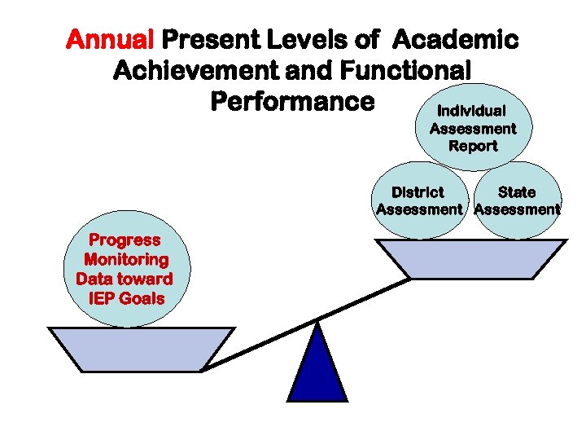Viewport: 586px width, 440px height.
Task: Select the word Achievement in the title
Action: pyautogui.click(x=195, y=71)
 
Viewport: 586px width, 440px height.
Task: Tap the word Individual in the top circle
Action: pyautogui.click(x=472, y=111)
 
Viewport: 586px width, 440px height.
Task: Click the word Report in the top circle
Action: pyautogui.click(x=473, y=146)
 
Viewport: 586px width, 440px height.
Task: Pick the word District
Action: pyautogui.click(x=418, y=192)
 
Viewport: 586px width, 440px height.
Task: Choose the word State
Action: pyautogui.click(x=517, y=192)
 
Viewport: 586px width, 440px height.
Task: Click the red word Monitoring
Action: pyautogui.click(x=125, y=260)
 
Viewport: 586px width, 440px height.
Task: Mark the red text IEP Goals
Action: pyautogui.click(x=125, y=298)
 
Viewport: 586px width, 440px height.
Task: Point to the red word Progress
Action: pyautogui.click(x=125, y=240)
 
